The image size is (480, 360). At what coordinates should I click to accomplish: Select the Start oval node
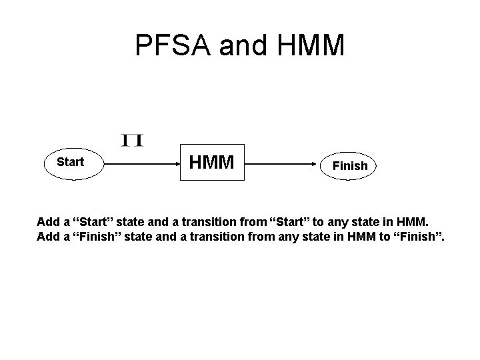(71, 162)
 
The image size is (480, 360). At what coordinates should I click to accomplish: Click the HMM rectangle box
(213, 162)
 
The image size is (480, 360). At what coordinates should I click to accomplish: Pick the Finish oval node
(350, 166)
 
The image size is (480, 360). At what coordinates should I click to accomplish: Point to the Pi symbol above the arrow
(133, 140)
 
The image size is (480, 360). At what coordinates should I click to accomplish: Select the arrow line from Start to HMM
(140, 163)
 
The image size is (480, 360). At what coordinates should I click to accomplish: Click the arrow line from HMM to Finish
(280, 163)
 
